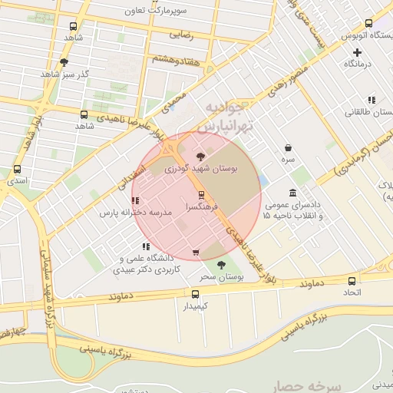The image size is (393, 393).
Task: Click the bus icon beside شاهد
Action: point(72,25)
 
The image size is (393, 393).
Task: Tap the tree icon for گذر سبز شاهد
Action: point(64,62)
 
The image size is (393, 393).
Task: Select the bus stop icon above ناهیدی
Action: point(83,114)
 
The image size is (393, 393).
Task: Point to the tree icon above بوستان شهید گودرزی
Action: point(212,156)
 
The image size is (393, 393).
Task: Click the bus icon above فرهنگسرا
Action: point(201,195)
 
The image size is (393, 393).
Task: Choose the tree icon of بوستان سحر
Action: point(222,265)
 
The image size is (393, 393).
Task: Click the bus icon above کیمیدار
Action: point(195,294)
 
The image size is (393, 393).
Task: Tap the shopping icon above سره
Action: point(288,147)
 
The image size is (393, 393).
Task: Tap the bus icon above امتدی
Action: point(17,170)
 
